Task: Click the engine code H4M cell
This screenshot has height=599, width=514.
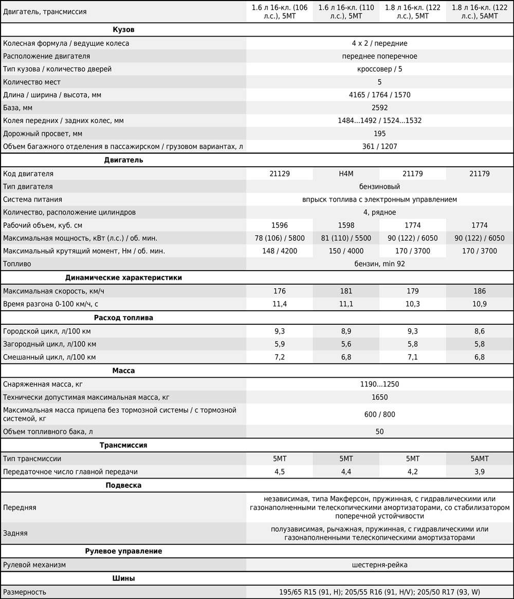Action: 346,174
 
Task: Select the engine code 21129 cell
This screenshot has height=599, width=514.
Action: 279,174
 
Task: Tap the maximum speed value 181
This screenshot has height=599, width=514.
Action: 346,291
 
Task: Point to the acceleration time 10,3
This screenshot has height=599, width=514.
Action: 413,304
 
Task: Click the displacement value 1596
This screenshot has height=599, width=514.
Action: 279,225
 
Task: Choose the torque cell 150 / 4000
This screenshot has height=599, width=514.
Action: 346,251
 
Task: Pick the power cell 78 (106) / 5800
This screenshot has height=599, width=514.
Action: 279,238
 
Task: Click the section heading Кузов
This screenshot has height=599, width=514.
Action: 123,30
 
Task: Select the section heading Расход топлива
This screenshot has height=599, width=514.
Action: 123,318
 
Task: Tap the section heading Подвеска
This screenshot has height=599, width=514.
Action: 123,485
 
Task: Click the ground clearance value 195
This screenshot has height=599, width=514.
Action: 379,134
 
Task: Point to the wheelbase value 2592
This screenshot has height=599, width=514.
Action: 379,108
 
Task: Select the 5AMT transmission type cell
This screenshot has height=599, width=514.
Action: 480,459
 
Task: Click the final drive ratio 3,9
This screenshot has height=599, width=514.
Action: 480,471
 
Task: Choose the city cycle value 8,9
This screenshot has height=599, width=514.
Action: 346,331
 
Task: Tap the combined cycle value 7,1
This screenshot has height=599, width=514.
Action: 413,357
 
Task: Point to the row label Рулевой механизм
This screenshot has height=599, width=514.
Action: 34,565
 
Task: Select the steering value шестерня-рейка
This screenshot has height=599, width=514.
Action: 379,565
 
